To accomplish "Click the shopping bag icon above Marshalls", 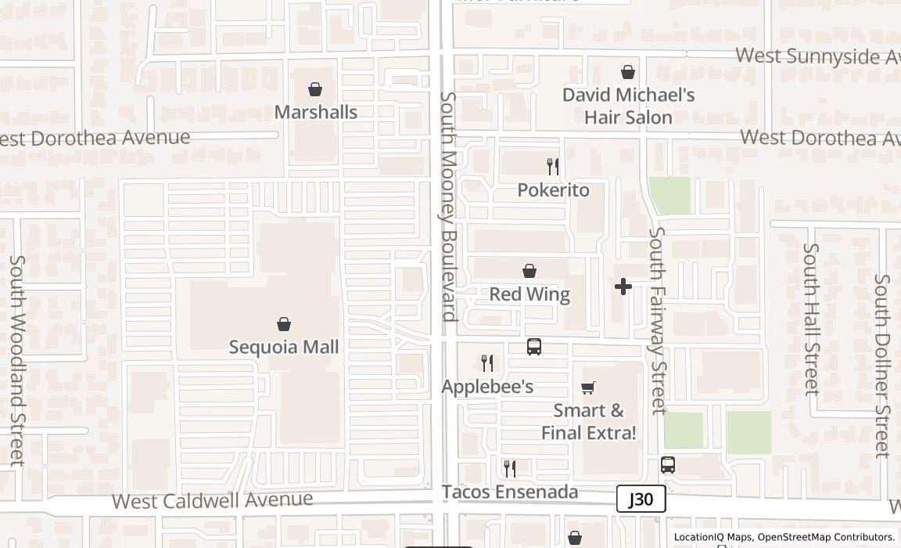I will click(x=315, y=89).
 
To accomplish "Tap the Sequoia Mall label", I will click(x=284, y=347).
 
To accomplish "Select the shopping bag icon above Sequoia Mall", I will click(x=284, y=324).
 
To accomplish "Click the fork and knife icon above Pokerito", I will click(x=553, y=166).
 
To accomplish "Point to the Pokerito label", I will click(x=554, y=190).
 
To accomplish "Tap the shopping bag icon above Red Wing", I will click(x=529, y=271).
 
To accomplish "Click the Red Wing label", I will click(x=529, y=294).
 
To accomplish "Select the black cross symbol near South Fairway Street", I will click(x=623, y=287).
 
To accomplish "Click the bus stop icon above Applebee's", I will click(x=534, y=346).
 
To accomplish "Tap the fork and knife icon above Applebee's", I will click(x=487, y=362).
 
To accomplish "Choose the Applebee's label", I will click(x=487, y=386).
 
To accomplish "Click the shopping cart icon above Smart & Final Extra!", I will click(x=588, y=388).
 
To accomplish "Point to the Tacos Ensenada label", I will click(x=510, y=492).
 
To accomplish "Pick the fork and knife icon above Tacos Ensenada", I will click(x=510, y=468).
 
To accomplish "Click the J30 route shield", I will click(x=641, y=499).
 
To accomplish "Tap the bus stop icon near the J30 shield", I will click(x=667, y=465).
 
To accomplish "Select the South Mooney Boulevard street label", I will click(x=448, y=207).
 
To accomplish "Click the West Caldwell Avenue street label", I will click(x=213, y=500).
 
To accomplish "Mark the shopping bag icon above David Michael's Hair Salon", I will click(x=628, y=72).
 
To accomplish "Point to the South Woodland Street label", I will click(x=16, y=360).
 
